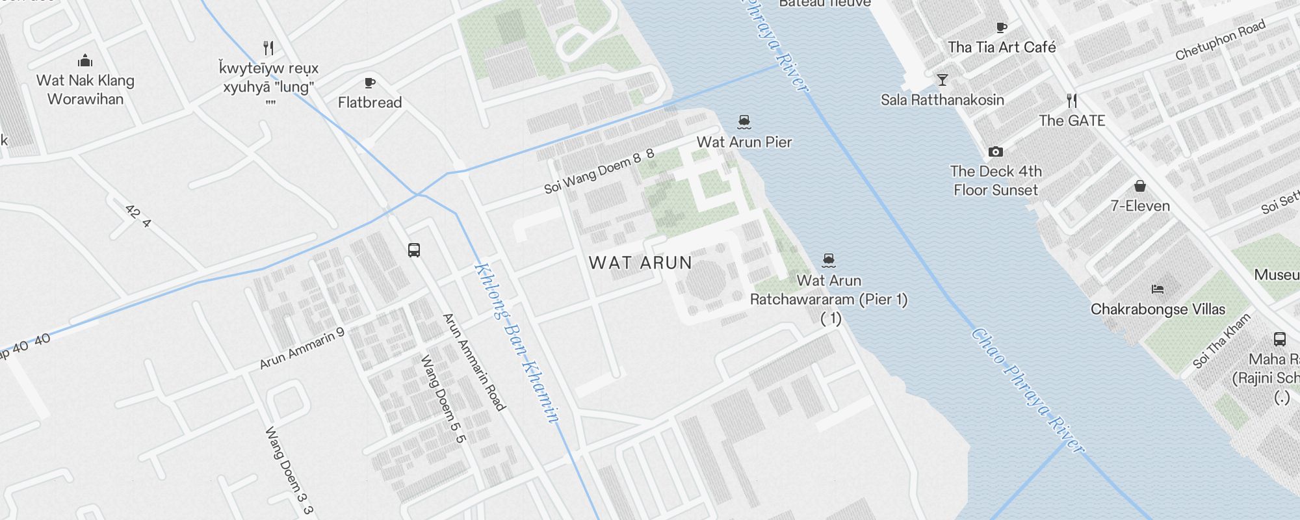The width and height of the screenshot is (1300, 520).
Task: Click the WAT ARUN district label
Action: pyautogui.click(x=640, y=263)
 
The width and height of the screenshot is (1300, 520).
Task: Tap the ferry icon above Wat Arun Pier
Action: pyautogui.click(x=744, y=122)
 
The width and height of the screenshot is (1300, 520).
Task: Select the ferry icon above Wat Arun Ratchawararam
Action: pyautogui.click(x=828, y=261)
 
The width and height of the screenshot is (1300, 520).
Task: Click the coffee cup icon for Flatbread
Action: pyautogui.click(x=370, y=83)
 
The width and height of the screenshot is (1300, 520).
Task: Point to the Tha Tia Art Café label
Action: pyautogui.click(x=1002, y=47)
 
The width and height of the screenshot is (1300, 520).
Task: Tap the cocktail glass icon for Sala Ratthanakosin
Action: pyautogui.click(x=942, y=80)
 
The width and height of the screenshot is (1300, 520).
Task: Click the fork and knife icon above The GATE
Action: pyautogui.click(x=1072, y=101)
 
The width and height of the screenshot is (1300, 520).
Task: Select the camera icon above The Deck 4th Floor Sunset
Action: pyautogui.click(x=995, y=151)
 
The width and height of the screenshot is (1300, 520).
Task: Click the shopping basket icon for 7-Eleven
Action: pyautogui.click(x=1139, y=187)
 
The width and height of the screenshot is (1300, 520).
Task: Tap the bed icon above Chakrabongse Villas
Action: pyautogui.click(x=1157, y=289)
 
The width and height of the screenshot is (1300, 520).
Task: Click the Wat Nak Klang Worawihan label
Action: pyautogui.click(x=85, y=90)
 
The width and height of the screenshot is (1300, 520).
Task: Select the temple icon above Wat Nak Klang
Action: pyautogui.click(x=85, y=62)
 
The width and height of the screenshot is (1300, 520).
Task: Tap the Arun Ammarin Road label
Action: pyautogui.click(x=474, y=361)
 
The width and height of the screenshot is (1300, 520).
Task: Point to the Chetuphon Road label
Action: pyautogui.click(x=1221, y=40)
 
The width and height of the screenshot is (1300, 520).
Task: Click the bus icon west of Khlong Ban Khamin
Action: pyautogui.click(x=414, y=250)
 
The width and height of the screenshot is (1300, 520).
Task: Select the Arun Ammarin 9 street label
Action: pyautogui.click(x=302, y=349)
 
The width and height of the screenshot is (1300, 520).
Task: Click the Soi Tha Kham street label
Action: pyautogui.click(x=1222, y=341)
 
